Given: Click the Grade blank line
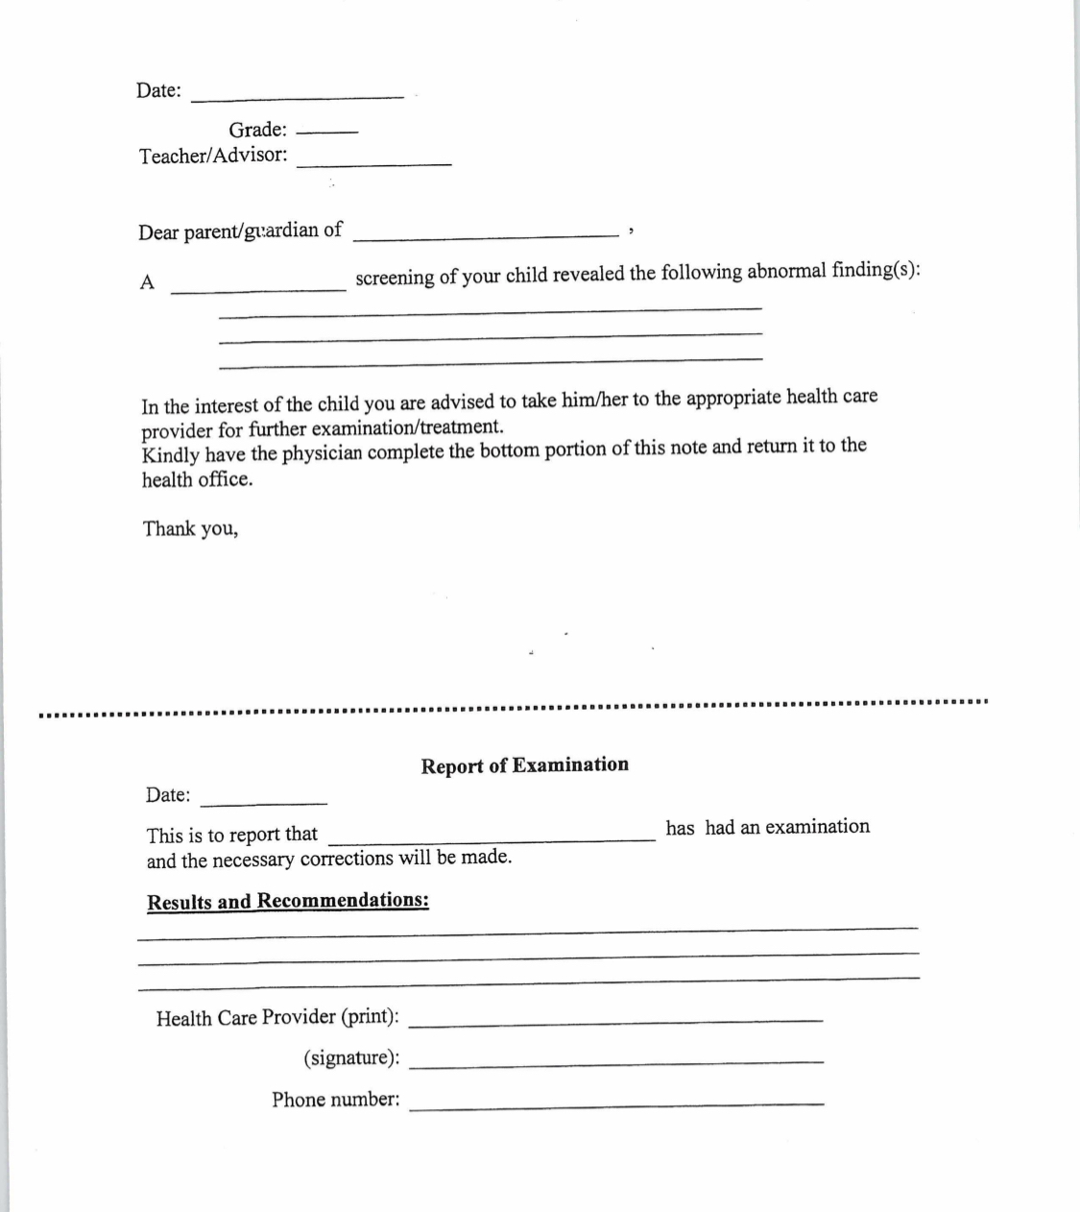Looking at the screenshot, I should coord(326,132).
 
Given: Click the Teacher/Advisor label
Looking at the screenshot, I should coord(212,156).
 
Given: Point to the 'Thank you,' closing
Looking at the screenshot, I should coord(190,528).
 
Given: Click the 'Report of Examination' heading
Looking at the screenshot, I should coord(524,765).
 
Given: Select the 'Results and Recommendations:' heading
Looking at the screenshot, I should coord(287,902).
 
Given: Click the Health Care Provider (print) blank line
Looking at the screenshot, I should coord(621,1019).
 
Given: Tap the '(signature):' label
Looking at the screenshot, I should coord(351,1058).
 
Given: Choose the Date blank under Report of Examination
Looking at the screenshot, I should coord(264,801).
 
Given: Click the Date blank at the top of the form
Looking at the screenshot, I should coord(298,95).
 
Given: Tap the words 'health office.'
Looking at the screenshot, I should coord(198,479).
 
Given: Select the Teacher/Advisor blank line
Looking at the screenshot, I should coord(374,164).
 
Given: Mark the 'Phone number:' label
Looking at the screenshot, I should coord(335,1100).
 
